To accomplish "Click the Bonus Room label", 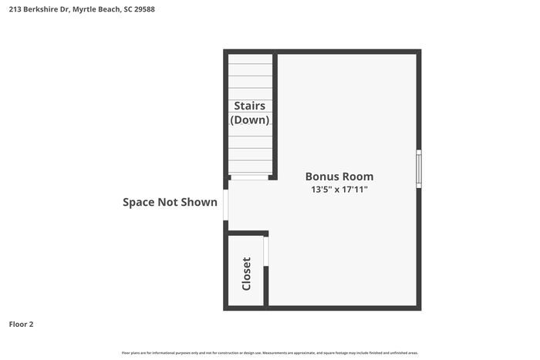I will (x=339, y=176).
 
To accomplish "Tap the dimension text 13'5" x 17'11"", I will (x=339, y=189).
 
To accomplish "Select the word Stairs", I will (x=250, y=106).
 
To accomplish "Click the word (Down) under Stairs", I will (x=250, y=119).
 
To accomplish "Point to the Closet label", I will (x=247, y=274).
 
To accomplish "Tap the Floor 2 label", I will (x=21, y=325).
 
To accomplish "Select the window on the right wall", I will (x=419, y=168).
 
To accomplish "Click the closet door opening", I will (x=266, y=252).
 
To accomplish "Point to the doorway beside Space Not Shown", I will (x=226, y=205).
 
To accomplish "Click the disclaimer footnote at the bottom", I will (x=269, y=353).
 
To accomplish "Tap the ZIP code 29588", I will (x=155, y=10).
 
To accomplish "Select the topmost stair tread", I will (x=250, y=59).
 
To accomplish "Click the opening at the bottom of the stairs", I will (x=250, y=178).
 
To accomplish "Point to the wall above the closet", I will (x=248, y=233).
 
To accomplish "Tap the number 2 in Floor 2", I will (x=31, y=325).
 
